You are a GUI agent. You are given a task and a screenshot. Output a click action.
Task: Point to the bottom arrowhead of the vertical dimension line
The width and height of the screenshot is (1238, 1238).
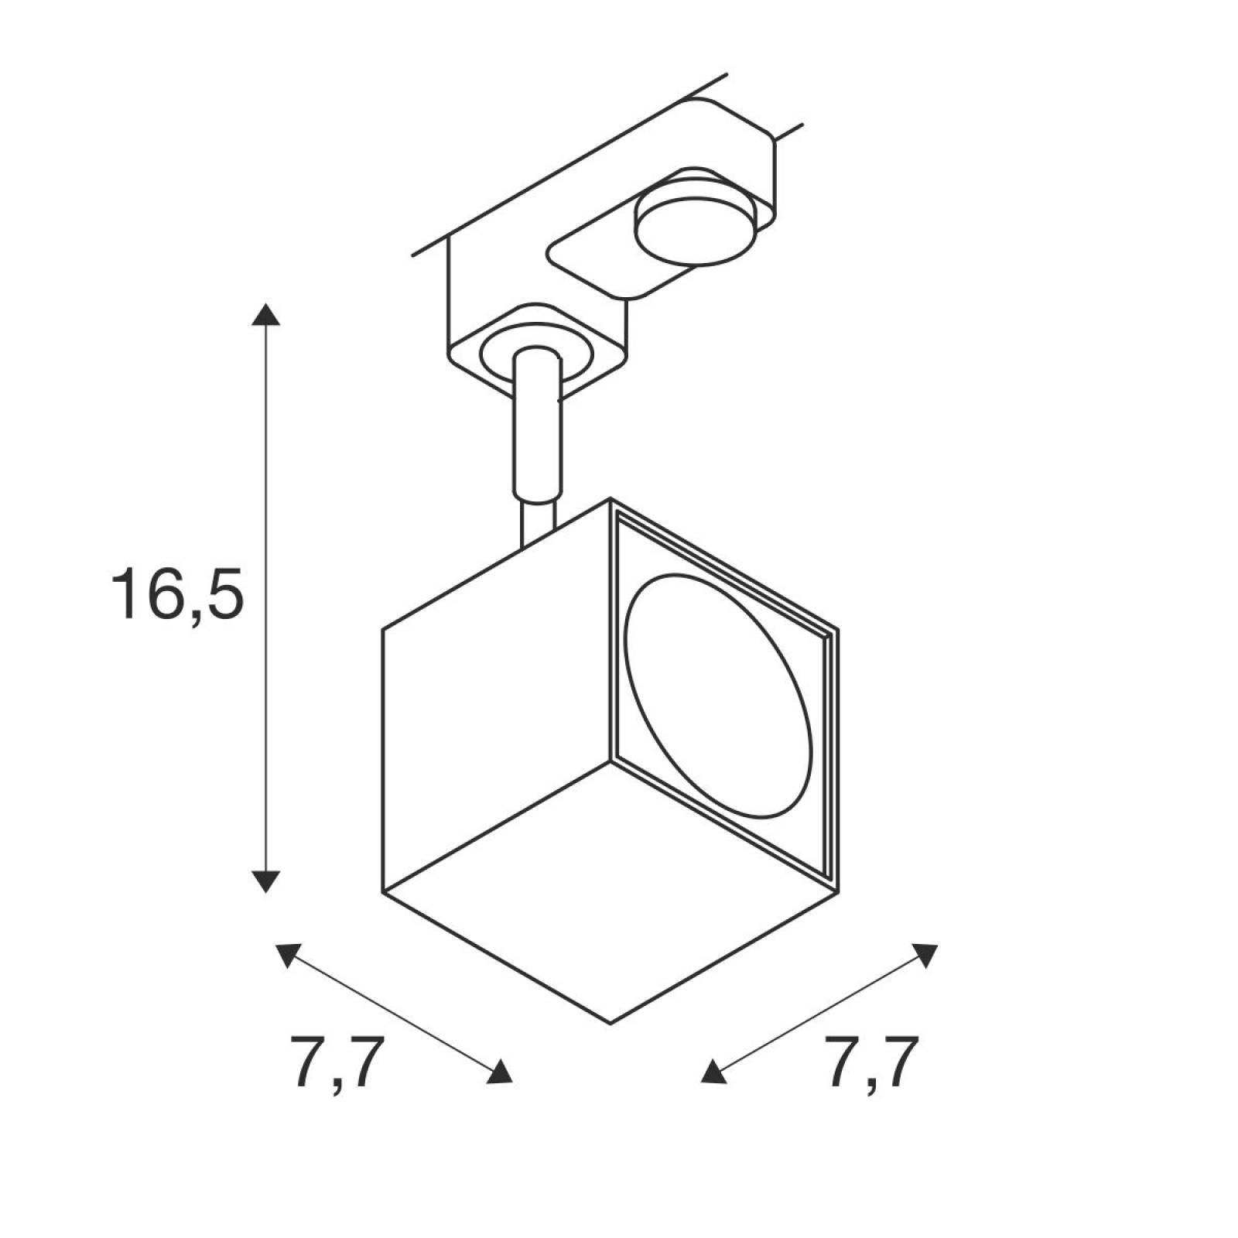pyautogui.click(x=265, y=881)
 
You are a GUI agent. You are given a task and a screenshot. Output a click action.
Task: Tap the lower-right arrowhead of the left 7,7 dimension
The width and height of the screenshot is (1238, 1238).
pyautogui.click(x=500, y=1071)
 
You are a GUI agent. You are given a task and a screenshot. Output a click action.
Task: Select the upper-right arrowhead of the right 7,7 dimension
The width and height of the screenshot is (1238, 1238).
pyautogui.click(x=925, y=956)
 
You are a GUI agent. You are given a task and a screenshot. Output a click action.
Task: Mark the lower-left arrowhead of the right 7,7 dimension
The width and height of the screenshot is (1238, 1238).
pyautogui.click(x=713, y=1071)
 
